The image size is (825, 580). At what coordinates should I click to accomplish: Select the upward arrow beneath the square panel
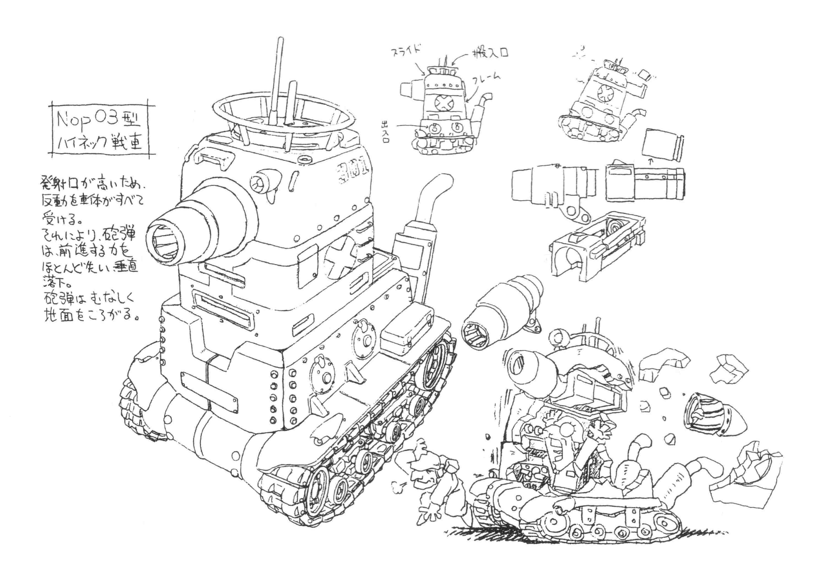pos(650,162)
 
